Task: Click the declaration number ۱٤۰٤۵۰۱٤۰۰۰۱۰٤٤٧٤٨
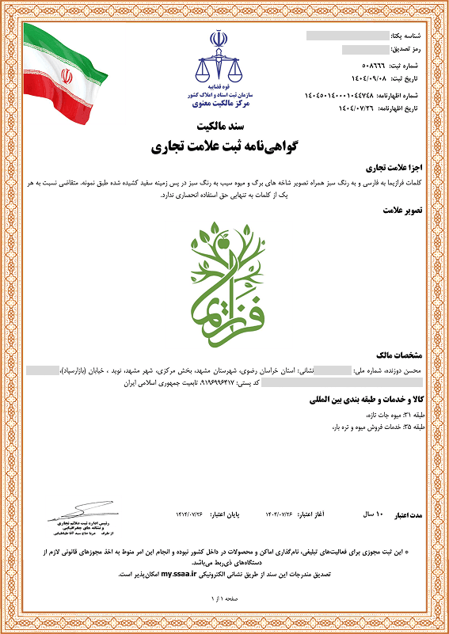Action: (x=341, y=96)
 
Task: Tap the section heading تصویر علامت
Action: (x=405, y=211)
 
